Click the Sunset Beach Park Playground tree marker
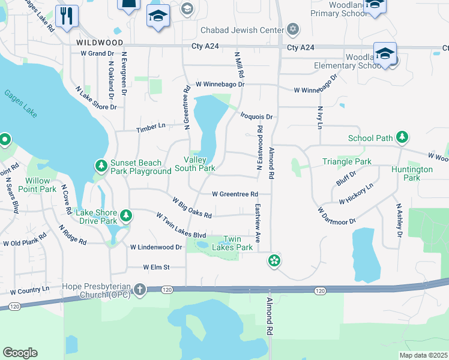(101, 165)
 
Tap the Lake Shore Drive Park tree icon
(125, 215)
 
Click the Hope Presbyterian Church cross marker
(140, 289)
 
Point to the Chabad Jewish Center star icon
(293, 29)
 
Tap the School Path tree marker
(402, 137)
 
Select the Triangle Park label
(346, 161)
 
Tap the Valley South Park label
(194, 164)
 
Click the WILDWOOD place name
(100, 43)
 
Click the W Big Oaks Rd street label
(192, 208)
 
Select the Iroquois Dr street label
(257, 116)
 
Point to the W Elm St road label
(157, 267)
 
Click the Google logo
(20, 353)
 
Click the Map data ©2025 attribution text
(423, 355)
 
